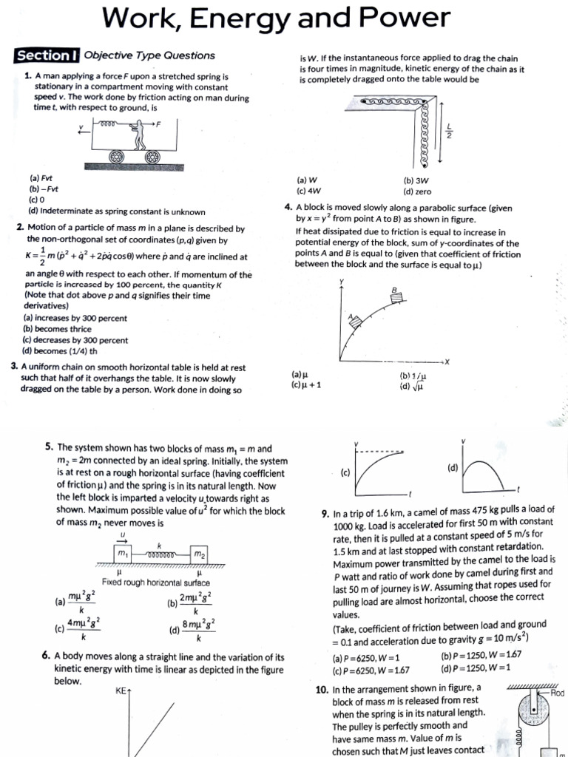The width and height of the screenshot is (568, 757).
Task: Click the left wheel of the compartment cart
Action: (x=118, y=157)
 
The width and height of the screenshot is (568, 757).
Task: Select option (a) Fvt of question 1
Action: (x=41, y=179)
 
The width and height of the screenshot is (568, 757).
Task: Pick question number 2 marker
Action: (x=20, y=229)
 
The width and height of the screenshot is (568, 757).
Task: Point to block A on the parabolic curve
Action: (x=354, y=320)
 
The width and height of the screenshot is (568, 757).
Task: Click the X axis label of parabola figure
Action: (x=446, y=361)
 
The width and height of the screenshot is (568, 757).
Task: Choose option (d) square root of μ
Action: (x=409, y=386)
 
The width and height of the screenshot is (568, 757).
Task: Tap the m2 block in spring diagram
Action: (x=199, y=554)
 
